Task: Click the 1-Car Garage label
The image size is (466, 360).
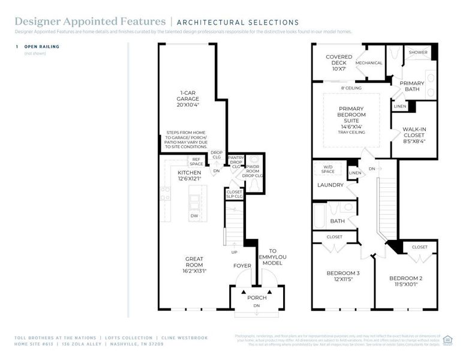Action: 189,97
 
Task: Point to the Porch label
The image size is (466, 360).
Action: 257,298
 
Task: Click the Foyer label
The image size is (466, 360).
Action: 242,266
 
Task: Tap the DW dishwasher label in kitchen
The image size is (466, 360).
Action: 194,215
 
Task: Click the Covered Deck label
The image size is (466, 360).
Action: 339,63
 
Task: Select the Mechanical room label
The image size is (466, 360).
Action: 369,63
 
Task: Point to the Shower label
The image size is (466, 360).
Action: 418,52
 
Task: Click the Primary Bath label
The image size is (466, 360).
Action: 412,86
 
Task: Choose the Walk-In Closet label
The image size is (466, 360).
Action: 414,136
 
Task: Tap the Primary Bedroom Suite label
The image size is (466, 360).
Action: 351,118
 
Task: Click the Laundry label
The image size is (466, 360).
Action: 330,185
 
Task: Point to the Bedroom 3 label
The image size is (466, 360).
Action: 343,277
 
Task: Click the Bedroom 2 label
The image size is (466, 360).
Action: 405,281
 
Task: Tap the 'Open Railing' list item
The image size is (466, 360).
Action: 41,46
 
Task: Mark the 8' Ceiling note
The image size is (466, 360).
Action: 351,88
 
